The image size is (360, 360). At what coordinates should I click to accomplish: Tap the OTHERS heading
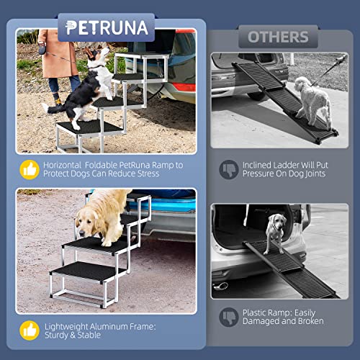pyautogui.click(x=278, y=37)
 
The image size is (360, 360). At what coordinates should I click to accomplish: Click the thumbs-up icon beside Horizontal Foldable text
pyautogui.click(x=30, y=169)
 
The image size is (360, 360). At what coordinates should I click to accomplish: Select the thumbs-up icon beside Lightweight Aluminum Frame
pyautogui.click(x=30, y=330)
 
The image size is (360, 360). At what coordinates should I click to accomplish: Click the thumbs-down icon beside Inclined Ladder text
pyautogui.click(x=230, y=169)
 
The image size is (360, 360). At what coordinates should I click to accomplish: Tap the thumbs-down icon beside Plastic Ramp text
pyautogui.click(x=230, y=316)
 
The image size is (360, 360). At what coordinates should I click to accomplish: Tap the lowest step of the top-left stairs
pyautogui.click(x=85, y=128)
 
